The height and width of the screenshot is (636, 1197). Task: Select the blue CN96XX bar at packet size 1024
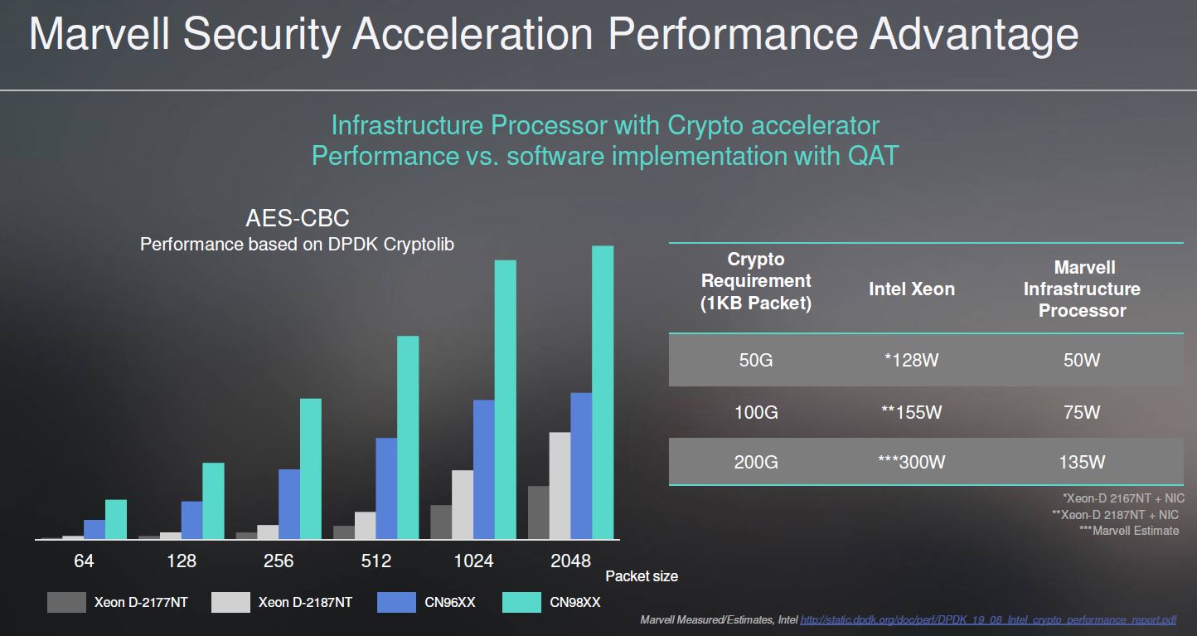pos(484,469)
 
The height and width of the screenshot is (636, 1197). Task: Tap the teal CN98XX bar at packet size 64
pos(116,519)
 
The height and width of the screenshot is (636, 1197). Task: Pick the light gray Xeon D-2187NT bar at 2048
pos(560,485)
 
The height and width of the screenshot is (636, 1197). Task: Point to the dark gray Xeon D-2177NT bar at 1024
pos(441,522)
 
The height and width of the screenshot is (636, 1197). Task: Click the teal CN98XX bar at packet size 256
pos(310,469)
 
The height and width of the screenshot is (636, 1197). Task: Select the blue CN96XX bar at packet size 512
pos(386,488)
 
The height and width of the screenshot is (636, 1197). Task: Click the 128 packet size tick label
pos(182,561)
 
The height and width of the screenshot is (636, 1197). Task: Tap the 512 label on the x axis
pos(376,561)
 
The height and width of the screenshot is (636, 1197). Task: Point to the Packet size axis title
pos(642,575)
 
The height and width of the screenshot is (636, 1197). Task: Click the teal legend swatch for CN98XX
pos(522,602)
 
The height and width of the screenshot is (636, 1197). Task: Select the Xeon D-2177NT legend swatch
pos(66,602)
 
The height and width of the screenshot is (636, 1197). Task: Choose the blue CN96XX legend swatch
pos(396,602)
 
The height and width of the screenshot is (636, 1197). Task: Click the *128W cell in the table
pos(912,361)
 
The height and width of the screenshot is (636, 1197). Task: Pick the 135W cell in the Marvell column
pos(1082,462)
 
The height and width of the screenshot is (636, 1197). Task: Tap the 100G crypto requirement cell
pos(756,412)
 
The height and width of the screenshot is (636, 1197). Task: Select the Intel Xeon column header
pos(912,289)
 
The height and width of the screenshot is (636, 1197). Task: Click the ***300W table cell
pos(912,462)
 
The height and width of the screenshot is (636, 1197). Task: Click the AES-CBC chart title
pos(298,219)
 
